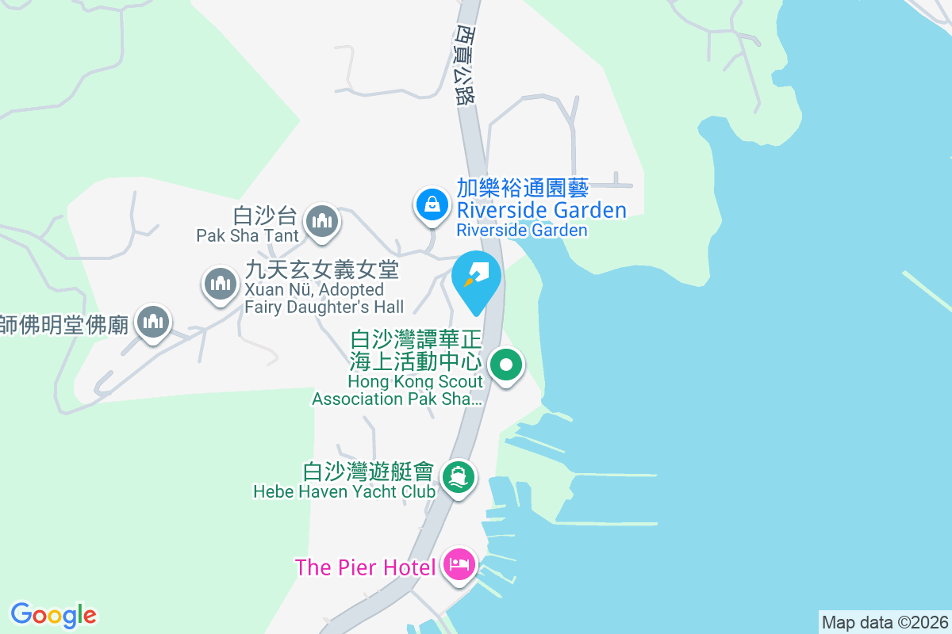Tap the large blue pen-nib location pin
pyautogui.click(x=476, y=278)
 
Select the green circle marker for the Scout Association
pyautogui.click(x=506, y=365)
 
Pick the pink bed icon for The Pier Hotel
pyautogui.click(x=459, y=565)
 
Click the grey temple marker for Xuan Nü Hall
pyautogui.click(x=221, y=283)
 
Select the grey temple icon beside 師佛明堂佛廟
pyautogui.click(x=152, y=323)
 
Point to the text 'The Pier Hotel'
pyautogui.click(x=365, y=567)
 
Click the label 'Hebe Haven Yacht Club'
pyautogui.click(x=344, y=491)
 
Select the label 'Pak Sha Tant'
pyautogui.click(x=248, y=235)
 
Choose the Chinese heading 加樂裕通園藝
pyautogui.click(x=522, y=189)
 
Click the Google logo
pyautogui.click(x=53, y=615)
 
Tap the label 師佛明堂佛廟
pyautogui.click(x=63, y=324)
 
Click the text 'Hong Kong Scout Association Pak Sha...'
pyautogui.click(x=397, y=390)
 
